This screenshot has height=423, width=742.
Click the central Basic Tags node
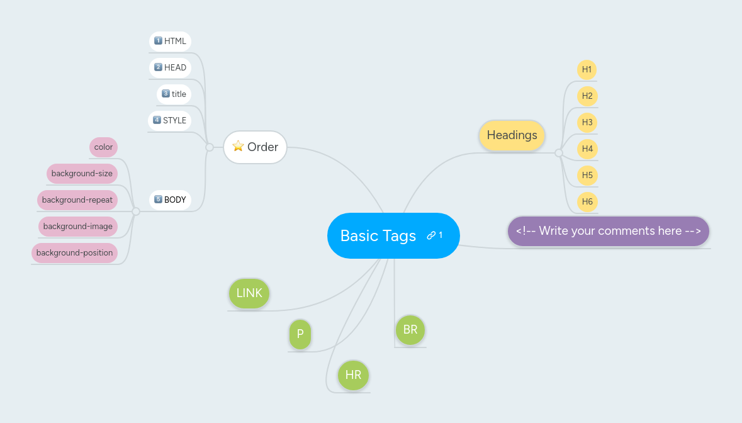[x=378, y=235]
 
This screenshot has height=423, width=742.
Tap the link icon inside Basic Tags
[x=431, y=235]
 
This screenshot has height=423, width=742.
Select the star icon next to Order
[x=238, y=146]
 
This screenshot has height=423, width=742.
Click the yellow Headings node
[x=512, y=135]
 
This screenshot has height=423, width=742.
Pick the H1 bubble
[x=587, y=69]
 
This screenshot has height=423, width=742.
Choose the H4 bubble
[x=587, y=149]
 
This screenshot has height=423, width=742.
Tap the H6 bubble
[x=587, y=201]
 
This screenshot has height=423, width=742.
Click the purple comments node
[x=608, y=231]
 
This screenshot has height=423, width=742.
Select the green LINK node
[x=249, y=293]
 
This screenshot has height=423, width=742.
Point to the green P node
[x=300, y=334]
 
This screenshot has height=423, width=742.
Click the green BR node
[x=410, y=330]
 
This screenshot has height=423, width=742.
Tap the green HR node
[x=353, y=375]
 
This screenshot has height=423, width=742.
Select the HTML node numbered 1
[x=171, y=42]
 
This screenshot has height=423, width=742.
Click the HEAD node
[x=171, y=68]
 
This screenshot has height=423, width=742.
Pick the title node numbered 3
[x=174, y=94]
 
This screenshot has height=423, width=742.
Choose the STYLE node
[x=170, y=121]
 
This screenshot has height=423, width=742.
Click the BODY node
[x=171, y=200]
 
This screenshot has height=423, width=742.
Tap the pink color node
[x=103, y=147]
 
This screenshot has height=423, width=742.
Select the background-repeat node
[x=77, y=200]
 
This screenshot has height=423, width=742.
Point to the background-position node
[x=74, y=253]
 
